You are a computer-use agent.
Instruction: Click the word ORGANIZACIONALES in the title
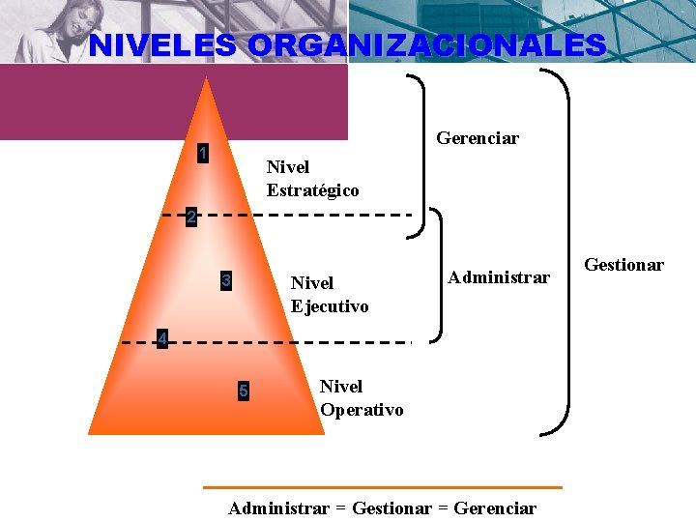tap(427, 45)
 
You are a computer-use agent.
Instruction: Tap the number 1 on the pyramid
tap(203, 153)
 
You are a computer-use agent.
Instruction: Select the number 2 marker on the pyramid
tap(191, 217)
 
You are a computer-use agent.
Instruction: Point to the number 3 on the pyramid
tap(225, 281)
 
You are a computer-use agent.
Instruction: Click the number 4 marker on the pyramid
tap(163, 338)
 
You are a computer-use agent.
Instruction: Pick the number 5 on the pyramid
tap(243, 391)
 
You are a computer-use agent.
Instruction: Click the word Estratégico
tap(312, 190)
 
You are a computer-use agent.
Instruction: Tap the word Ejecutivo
tap(330, 306)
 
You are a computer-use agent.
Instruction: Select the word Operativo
tap(362, 410)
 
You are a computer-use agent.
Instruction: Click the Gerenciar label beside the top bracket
tap(478, 138)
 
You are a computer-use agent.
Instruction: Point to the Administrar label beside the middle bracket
tap(499, 277)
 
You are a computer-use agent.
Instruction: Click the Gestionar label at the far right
tap(623, 265)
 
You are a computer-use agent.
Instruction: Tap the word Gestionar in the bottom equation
tap(392, 507)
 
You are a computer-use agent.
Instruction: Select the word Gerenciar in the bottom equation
tap(494, 507)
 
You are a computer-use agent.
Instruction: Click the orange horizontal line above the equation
tap(382, 487)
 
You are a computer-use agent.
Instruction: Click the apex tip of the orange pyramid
tap(206, 79)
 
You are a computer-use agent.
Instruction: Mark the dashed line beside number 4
tap(290, 342)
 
